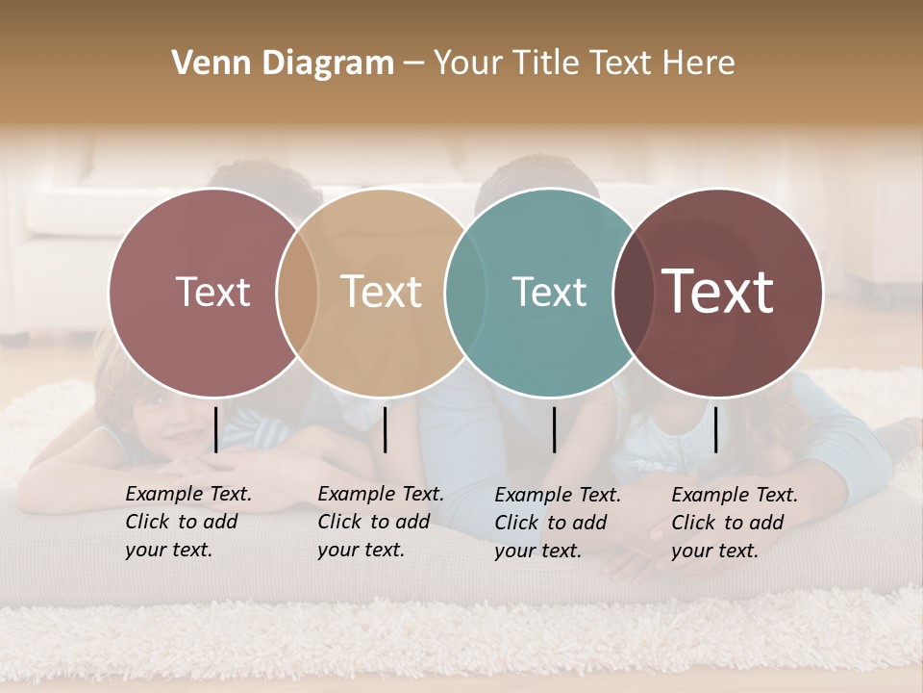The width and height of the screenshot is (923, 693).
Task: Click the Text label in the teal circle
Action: [x=549, y=292]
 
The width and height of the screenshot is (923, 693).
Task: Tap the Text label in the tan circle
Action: [x=381, y=292]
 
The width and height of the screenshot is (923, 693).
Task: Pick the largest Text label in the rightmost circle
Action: [x=718, y=292]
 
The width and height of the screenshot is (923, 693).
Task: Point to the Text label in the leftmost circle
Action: [x=212, y=292]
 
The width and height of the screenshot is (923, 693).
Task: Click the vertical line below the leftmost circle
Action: [x=216, y=429]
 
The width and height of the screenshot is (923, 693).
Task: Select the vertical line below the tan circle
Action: [x=385, y=429]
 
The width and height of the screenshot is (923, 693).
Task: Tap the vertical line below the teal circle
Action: [x=555, y=429]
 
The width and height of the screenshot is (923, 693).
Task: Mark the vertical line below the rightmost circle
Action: [x=716, y=429]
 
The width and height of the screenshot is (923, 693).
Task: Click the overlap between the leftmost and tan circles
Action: [x=297, y=293]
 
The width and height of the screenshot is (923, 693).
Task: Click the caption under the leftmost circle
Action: [x=187, y=522]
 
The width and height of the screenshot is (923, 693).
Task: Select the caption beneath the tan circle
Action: [x=380, y=522]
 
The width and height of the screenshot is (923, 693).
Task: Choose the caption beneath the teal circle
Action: [x=557, y=523]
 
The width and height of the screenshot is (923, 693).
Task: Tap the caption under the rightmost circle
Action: [x=734, y=523]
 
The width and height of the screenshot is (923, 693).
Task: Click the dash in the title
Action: [x=413, y=64]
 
